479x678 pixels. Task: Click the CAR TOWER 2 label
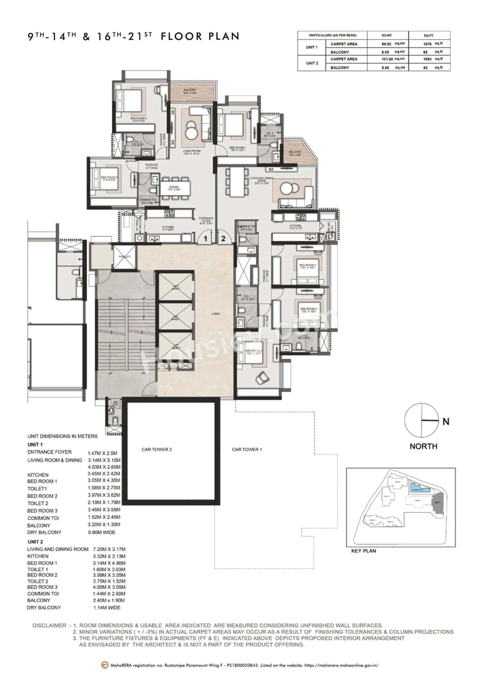[156, 449]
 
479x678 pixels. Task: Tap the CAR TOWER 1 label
[247, 449]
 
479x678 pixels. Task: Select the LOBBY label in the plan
[216, 314]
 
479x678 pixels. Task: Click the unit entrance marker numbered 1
[205, 238]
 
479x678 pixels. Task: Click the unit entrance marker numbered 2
[223, 238]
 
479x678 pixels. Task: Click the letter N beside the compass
[446, 422]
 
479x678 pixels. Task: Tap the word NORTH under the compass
[423, 446]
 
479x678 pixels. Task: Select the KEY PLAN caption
[364, 551]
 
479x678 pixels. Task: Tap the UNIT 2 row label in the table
[312, 63]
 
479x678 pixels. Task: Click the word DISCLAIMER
[49, 626]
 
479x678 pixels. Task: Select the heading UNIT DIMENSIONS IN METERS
[62, 436]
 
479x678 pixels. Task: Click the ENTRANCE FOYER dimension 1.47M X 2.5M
[104, 453]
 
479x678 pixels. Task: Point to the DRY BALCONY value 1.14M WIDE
[107, 608]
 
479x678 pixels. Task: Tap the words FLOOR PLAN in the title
[200, 36]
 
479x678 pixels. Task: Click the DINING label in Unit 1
[174, 187]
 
